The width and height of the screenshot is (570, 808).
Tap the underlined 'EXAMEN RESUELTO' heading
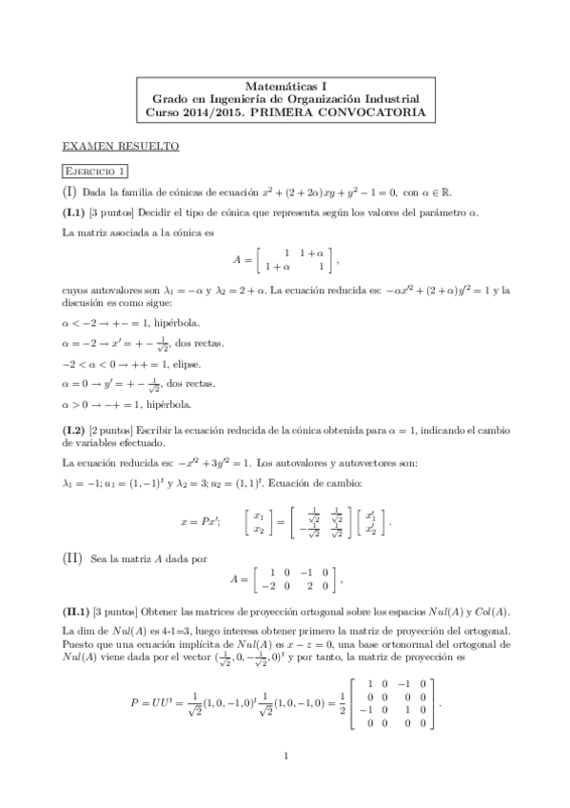tap(119, 147)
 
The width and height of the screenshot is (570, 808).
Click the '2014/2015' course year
tap(214, 112)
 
